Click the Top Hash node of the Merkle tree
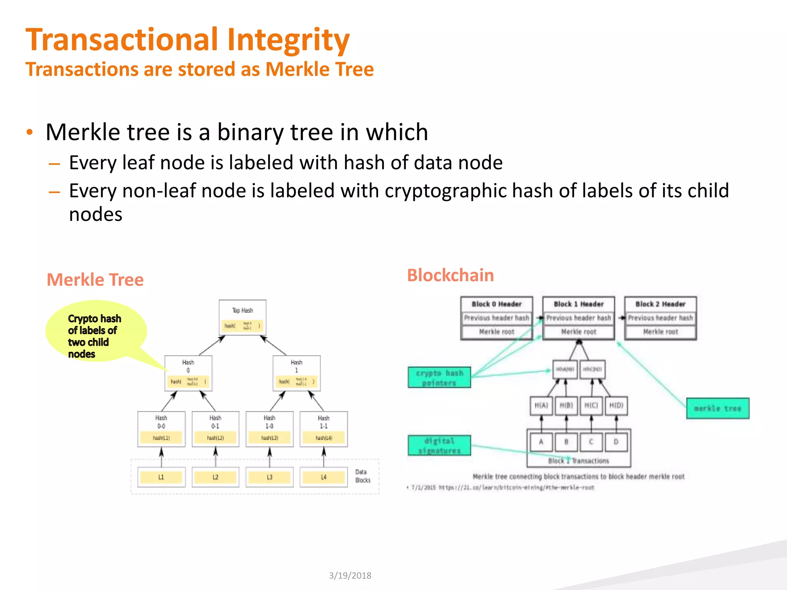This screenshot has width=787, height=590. pos(242,317)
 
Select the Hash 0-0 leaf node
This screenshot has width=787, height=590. pos(161,429)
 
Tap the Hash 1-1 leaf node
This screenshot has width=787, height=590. pos(324,429)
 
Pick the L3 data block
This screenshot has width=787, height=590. pos(269,477)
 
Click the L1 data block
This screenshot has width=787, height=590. pos(161,477)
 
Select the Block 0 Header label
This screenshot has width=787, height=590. pos(496,304)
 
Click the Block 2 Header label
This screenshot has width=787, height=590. pos(660,304)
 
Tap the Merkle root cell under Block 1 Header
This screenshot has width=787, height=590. pos(578,332)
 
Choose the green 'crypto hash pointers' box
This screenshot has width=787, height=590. pos(439,377)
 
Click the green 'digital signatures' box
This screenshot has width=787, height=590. pos(439,446)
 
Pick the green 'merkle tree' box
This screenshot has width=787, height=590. pos(717,408)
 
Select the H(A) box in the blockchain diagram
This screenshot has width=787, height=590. pos(541,406)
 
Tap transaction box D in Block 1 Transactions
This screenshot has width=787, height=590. pos(616,442)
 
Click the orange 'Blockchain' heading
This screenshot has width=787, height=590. pos(450,275)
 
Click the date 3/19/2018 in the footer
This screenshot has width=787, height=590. pos(350,575)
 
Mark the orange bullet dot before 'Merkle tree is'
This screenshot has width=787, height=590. pos(30,133)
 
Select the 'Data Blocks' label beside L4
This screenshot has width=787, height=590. pos(362,476)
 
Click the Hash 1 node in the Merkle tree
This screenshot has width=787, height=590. pos(296,373)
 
